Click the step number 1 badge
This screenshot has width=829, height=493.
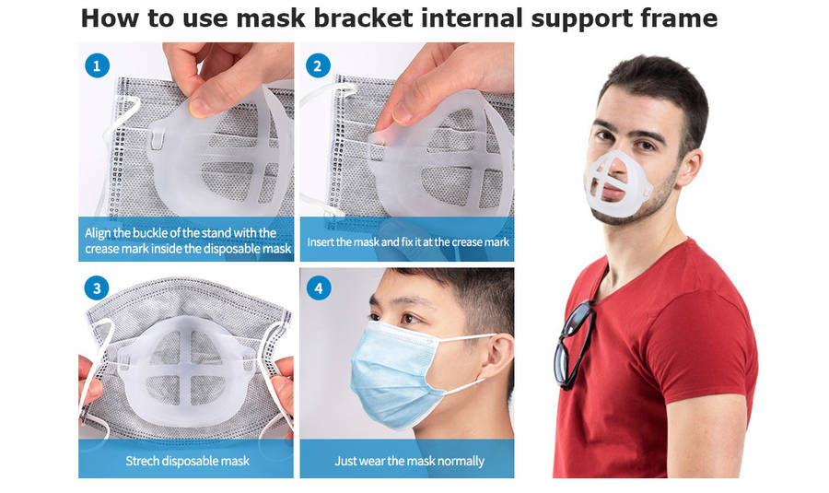click(x=97, y=66)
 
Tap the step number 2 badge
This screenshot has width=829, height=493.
click(x=318, y=65)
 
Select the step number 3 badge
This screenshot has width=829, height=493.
click(x=97, y=288)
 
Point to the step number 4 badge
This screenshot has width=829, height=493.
click(x=319, y=288)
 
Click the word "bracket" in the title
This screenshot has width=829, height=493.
click(x=363, y=18)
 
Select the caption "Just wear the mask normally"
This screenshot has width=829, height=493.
click(x=409, y=461)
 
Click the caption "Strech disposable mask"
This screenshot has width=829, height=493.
click(x=187, y=461)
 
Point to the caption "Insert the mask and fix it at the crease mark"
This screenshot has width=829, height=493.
click(x=408, y=241)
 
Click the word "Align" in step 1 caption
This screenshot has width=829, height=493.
click(x=98, y=233)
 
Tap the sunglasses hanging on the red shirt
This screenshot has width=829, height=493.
click(x=574, y=344)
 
